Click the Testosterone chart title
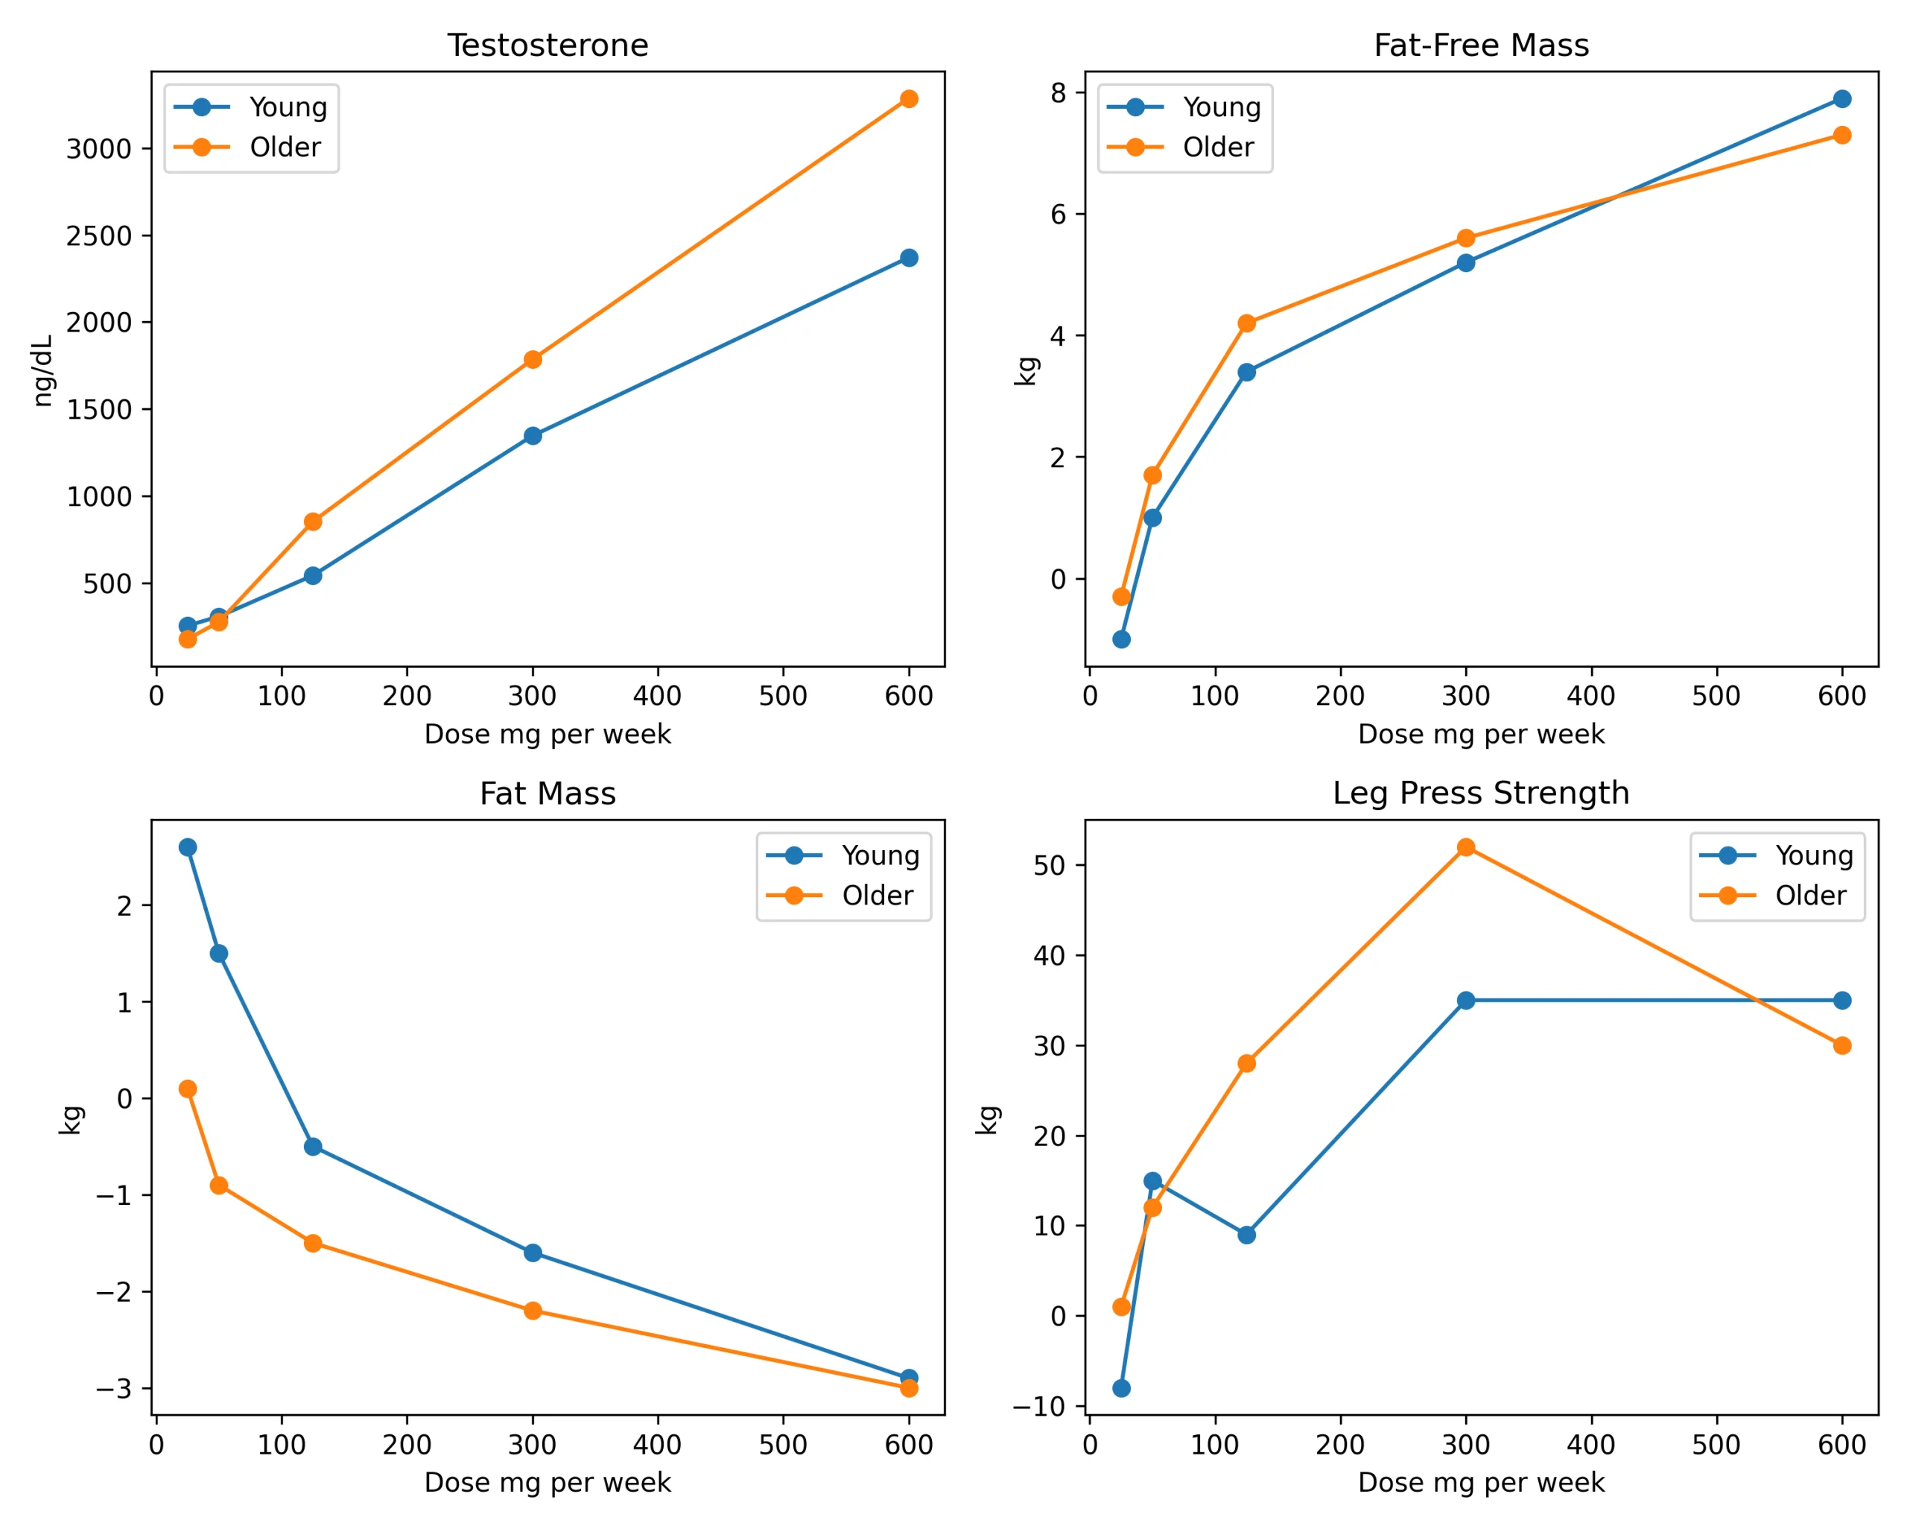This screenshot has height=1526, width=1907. pos(548,45)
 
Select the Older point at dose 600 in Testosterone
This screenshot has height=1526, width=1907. pos(908,99)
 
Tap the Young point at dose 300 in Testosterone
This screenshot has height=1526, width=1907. pos(533,436)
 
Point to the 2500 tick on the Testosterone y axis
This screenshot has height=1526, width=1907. pos(99,236)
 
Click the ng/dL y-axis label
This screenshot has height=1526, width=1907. pos(43,370)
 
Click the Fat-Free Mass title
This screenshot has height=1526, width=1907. pos(1481,45)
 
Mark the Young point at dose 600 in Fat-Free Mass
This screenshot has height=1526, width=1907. pos(1841,99)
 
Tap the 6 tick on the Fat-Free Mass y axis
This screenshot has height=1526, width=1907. pos(1058,214)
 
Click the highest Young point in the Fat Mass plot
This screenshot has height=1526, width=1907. pos(188,847)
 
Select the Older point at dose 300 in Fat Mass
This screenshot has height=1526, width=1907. pos(533,1311)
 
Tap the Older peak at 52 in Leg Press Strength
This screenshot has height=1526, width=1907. pos(1465,847)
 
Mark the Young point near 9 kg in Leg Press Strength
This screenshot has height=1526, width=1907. pos(1246,1235)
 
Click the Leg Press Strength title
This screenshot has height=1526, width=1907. pos(1481,793)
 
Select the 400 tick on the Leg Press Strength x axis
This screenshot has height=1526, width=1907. pos(1590,1445)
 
